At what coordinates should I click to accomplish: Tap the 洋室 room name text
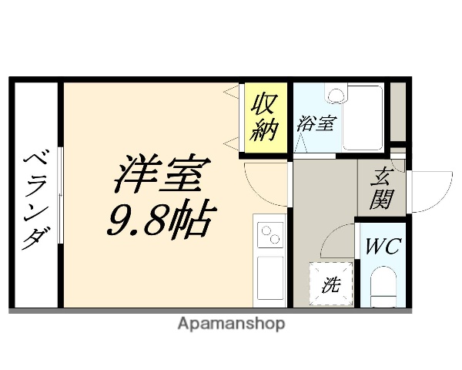(159, 177)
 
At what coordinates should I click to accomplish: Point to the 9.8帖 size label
(159, 219)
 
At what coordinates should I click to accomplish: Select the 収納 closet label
(264, 117)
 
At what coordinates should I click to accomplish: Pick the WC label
(383, 248)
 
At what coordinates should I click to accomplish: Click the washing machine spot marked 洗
(331, 284)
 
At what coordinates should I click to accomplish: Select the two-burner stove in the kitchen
(270, 234)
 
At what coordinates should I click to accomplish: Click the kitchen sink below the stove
(270, 277)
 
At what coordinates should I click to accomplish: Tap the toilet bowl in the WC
(383, 288)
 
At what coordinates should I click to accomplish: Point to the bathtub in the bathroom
(363, 117)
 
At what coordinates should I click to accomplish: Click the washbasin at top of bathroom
(336, 93)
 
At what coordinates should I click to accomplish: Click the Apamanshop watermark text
(231, 324)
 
